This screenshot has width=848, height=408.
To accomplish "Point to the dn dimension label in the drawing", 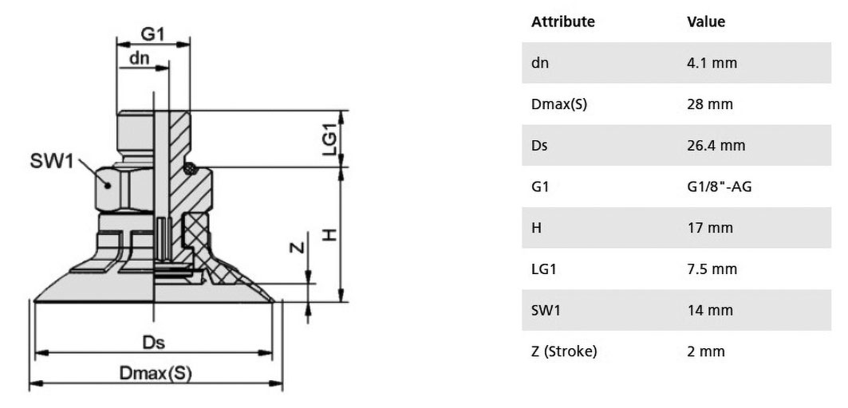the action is (x=140, y=58).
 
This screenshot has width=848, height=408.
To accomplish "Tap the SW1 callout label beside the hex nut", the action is (x=51, y=161).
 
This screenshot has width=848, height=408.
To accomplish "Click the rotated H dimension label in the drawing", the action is (x=329, y=234).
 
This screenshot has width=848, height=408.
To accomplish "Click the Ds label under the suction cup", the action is (x=153, y=342).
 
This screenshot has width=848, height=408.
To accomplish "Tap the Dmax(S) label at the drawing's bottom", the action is (x=156, y=373).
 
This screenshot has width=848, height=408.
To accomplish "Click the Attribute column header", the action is (x=562, y=22).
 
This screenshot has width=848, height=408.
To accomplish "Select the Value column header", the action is (x=706, y=22).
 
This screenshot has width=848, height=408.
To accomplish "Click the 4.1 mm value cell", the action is (x=712, y=63).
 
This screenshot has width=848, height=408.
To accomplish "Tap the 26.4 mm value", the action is (x=716, y=145).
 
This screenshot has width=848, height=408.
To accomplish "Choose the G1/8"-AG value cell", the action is (x=720, y=186).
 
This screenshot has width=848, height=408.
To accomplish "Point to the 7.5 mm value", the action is (x=712, y=269).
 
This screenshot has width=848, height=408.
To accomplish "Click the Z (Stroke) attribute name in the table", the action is (x=564, y=351).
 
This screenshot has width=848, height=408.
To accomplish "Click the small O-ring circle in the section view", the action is (x=189, y=169).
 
